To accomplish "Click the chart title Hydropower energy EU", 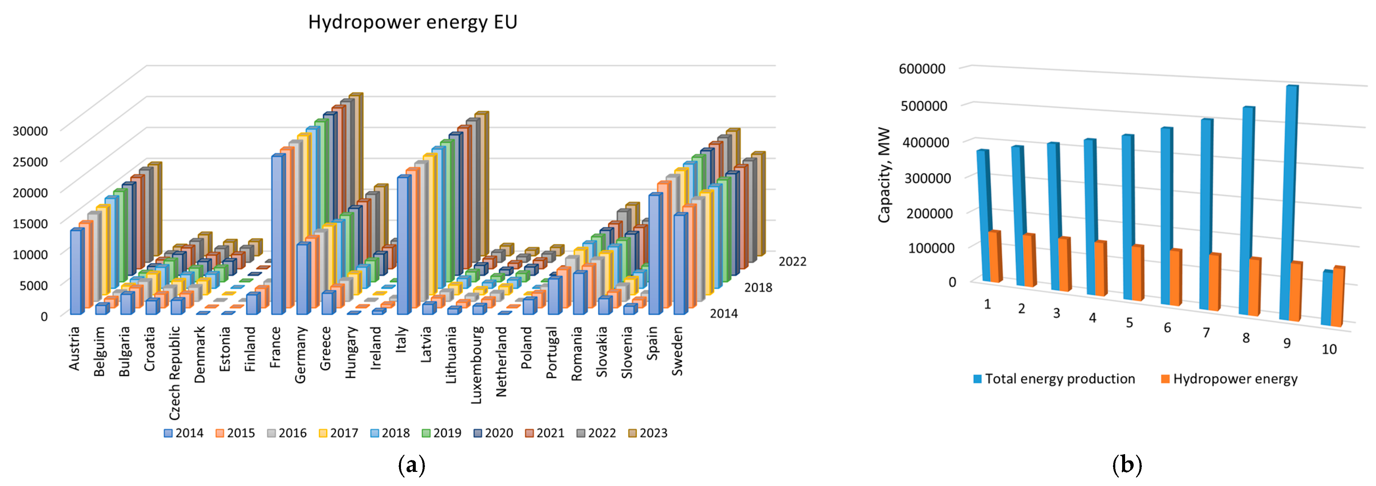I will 412,22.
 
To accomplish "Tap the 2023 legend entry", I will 647,433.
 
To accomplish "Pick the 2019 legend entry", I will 441,433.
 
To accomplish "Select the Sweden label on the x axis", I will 677,351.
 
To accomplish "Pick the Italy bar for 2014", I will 403,246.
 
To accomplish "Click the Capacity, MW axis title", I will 885,175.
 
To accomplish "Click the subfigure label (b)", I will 1126,465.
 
